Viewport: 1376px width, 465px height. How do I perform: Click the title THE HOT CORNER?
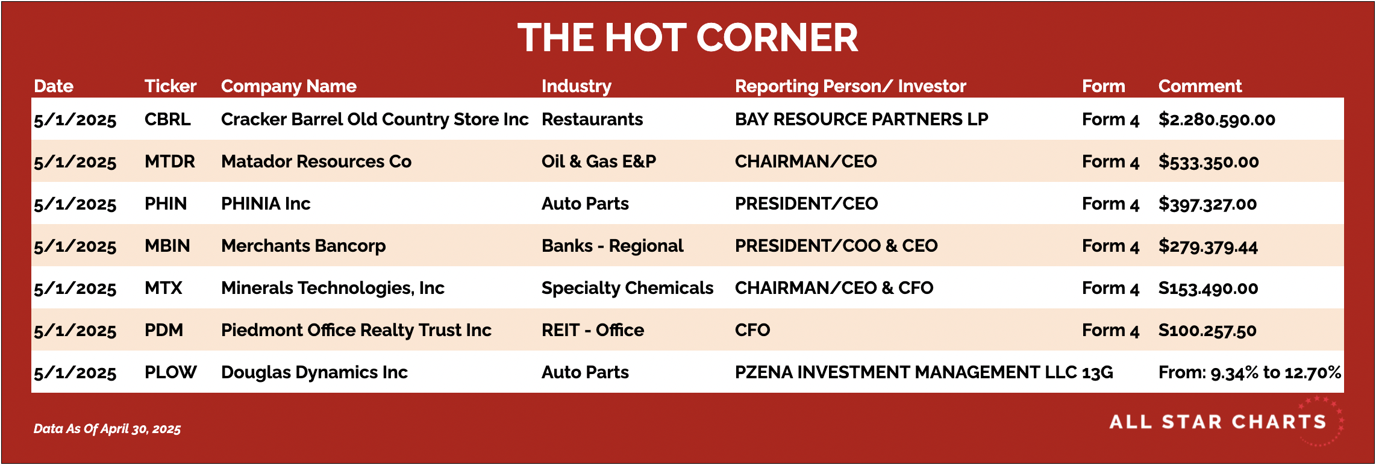coord(687,37)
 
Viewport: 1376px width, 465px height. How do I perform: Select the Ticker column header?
coord(170,86)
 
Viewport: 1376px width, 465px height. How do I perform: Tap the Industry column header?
coord(577,87)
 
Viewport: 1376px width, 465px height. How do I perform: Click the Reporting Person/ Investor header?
coord(851,87)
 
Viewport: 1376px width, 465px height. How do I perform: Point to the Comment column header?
coord(1200,86)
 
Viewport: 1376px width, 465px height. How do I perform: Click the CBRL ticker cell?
coord(167,119)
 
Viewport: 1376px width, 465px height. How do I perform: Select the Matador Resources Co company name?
coord(316,161)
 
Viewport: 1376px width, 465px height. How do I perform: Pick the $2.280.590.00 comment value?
coord(1217,119)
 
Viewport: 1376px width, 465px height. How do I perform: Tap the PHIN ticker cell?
coord(166,204)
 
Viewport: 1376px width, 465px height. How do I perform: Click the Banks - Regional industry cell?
coord(613,246)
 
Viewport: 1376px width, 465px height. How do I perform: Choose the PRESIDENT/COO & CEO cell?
coord(836,246)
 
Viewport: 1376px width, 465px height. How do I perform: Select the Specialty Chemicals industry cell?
coord(627,288)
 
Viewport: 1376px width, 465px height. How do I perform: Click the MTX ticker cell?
coord(163,288)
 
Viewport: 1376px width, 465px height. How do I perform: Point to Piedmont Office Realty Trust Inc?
coord(356,330)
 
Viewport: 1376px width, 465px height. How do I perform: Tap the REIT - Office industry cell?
coord(593,330)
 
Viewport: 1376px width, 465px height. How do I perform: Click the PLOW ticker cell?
coord(170,372)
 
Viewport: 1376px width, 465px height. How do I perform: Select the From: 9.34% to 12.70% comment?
coord(1250,372)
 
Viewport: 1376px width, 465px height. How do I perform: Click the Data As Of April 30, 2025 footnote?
coord(107,429)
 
